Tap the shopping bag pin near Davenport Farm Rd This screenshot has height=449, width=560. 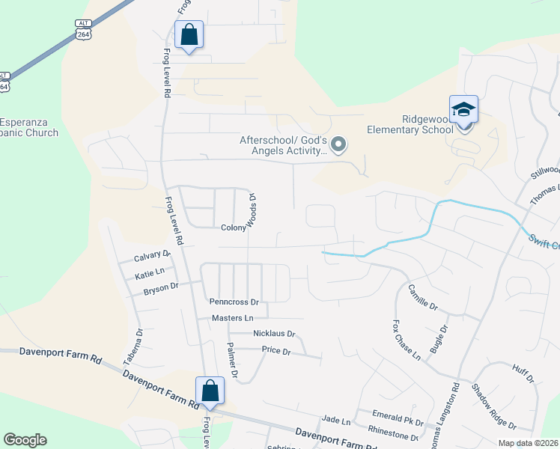pos(210,391)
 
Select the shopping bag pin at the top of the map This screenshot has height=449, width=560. pos(189,35)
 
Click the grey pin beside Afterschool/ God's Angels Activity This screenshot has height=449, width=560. pos(339,144)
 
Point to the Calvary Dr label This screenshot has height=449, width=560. pos(152,256)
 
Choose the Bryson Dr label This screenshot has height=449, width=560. pos(161,287)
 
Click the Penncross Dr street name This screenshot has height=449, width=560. pos(234,303)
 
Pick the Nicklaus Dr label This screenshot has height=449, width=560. pos(274,334)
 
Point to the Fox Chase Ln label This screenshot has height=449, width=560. pos(407,340)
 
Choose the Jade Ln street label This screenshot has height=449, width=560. pos(335,421)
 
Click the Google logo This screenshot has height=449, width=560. pos(25,440)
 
